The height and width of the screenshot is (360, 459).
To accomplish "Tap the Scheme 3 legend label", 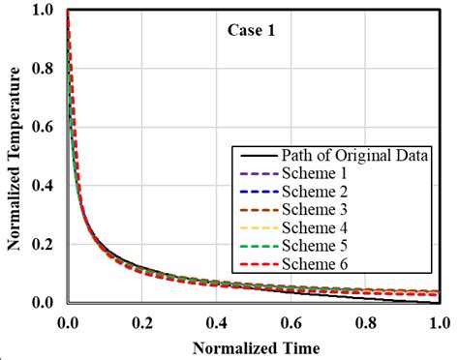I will click(x=315, y=210).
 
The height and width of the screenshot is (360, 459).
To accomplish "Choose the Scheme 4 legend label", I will click(x=315, y=227).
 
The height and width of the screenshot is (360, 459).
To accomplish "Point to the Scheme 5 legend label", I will click(x=315, y=245).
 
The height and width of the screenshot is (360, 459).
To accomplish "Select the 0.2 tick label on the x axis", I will click(x=142, y=319).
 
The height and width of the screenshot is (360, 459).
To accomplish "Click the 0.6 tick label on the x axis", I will click(x=291, y=319).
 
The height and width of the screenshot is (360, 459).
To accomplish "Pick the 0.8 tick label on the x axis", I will click(x=365, y=319).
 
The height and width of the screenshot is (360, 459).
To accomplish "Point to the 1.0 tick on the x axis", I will click(x=439, y=319).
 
